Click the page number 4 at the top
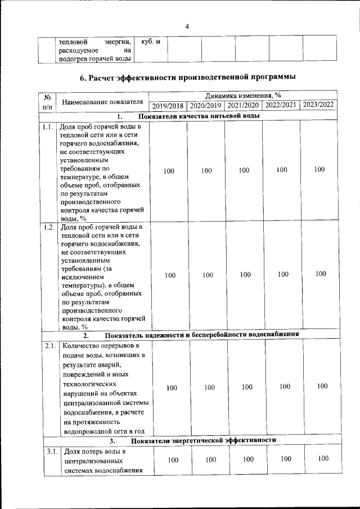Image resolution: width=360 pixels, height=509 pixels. click(187, 26)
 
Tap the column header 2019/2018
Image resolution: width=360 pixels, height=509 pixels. click(168, 105)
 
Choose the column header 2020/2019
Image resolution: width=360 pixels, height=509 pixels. click(205, 105)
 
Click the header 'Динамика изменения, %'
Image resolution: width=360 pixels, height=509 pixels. click(243, 95)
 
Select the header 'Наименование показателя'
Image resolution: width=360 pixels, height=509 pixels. click(102, 101)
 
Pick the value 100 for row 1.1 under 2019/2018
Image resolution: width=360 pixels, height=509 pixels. click(169, 171)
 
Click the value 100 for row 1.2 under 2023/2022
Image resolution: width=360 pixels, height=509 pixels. click(321, 274)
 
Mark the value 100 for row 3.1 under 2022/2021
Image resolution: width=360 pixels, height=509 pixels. click(286, 459)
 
